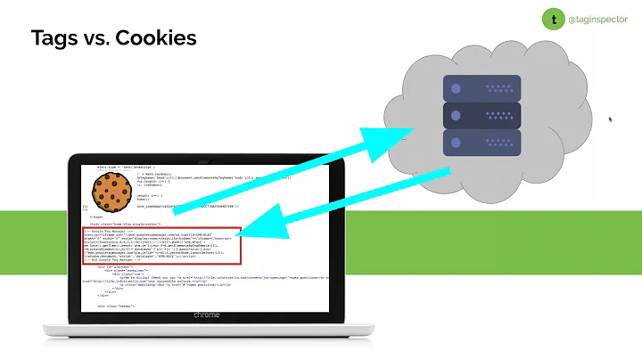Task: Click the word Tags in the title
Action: (54, 38)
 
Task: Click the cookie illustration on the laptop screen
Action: (114, 191)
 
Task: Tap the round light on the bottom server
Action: (455, 142)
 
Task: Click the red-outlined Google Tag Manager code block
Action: (160, 246)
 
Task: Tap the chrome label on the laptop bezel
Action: (206, 315)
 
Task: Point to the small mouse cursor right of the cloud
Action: (611, 119)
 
